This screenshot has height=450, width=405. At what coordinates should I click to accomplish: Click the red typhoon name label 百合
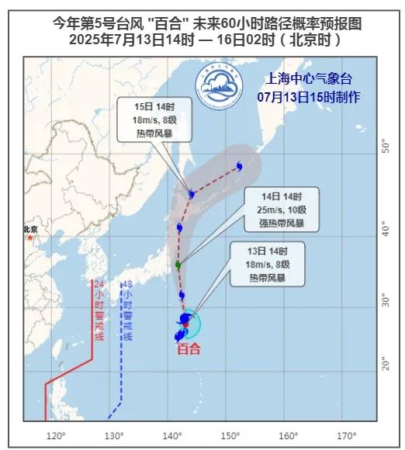189,349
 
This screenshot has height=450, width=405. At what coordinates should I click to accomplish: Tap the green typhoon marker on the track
178,265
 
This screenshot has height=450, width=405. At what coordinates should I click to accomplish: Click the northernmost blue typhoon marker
239,166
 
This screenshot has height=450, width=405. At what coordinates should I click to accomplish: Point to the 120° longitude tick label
55,435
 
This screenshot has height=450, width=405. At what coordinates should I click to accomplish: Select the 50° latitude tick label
383,145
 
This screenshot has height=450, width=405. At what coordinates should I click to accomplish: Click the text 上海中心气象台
307,78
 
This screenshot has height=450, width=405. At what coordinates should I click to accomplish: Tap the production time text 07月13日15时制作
308,96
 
